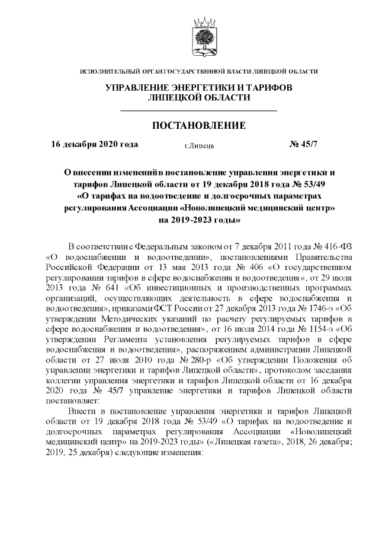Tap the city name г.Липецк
click(200, 145)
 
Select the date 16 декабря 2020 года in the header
click(95, 144)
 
